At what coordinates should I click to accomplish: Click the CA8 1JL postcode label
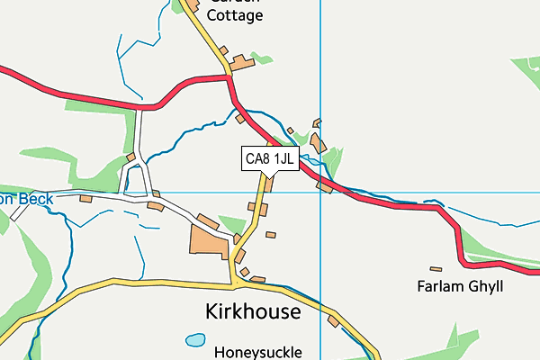(270, 159)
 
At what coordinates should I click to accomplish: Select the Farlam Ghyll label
(459, 287)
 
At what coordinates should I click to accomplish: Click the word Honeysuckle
(258, 352)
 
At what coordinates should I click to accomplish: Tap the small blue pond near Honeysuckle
(194, 340)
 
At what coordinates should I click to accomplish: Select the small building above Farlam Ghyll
(436, 268)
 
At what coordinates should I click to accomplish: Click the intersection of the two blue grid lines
(320, 192)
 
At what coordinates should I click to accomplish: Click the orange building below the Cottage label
(241, 64)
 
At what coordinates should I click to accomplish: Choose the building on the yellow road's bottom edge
(334, 321)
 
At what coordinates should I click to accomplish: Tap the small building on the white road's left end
(86, 199)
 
